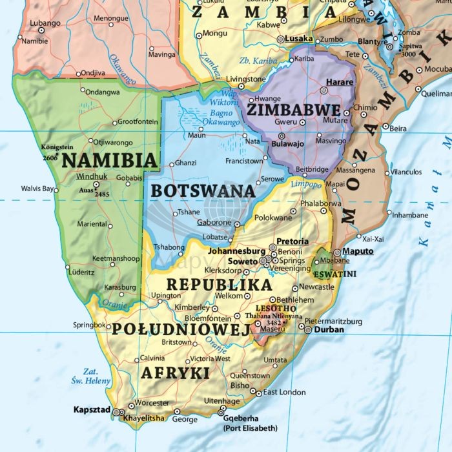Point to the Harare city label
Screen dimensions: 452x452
[340, 83]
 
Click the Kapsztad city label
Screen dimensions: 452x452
[92, 410]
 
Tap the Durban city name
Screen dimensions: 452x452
[329, 329]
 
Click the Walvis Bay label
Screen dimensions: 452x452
[37, 189]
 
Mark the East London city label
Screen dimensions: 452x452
[283, 392]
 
